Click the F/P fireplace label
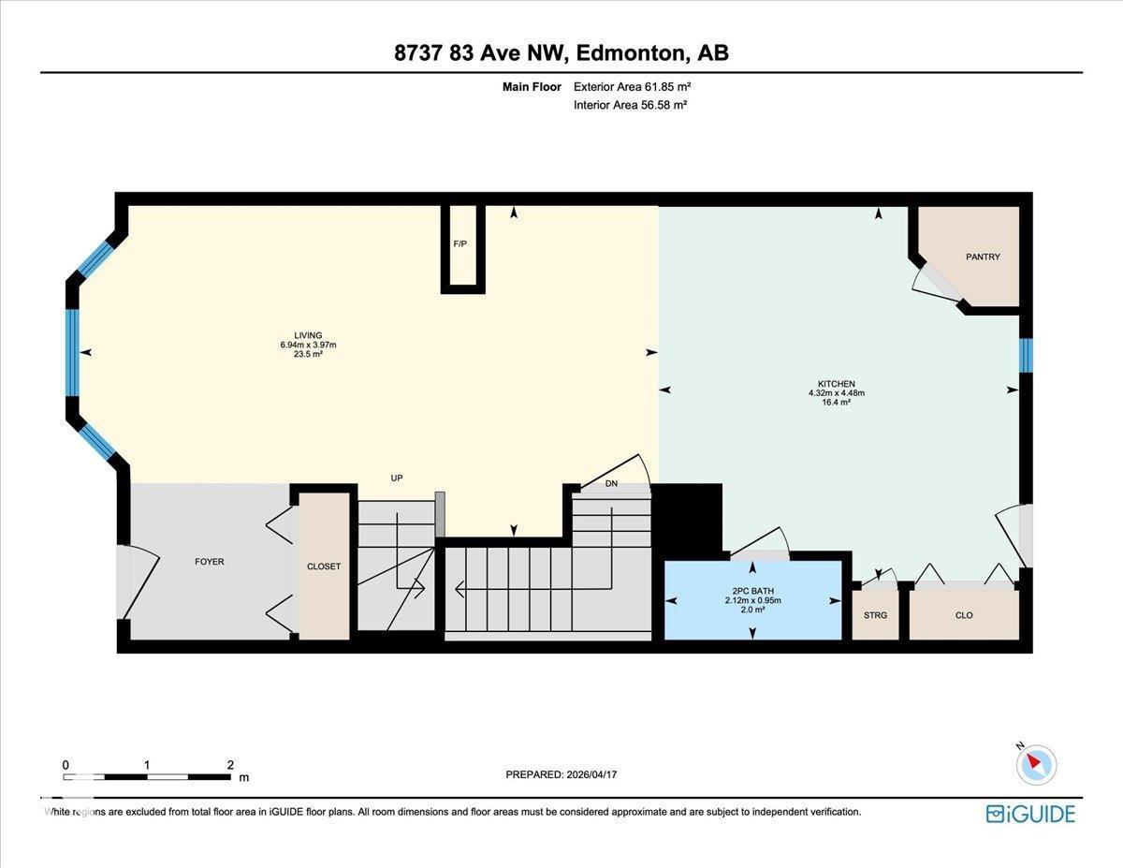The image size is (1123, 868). point(460,243)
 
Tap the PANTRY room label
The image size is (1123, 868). point(983,257)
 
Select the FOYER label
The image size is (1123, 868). point(209,562)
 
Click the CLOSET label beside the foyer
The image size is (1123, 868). point(324,566)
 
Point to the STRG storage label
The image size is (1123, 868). point(875,615)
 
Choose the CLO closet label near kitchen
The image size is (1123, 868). point(964,615)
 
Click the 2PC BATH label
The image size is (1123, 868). point(752,591)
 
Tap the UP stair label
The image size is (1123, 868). point(397,478)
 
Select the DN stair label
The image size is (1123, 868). point(611,484)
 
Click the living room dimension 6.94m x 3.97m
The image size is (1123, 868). point(308,345)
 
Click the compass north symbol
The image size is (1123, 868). point(1035,763)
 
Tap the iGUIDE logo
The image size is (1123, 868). point(1030,814)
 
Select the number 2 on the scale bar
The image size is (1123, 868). point(230,764)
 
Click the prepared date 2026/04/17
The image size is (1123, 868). point(598,774)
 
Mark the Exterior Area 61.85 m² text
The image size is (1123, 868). point(632,87)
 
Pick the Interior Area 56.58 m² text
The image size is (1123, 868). point(630,105)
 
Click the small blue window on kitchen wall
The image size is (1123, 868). point(1026,354)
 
